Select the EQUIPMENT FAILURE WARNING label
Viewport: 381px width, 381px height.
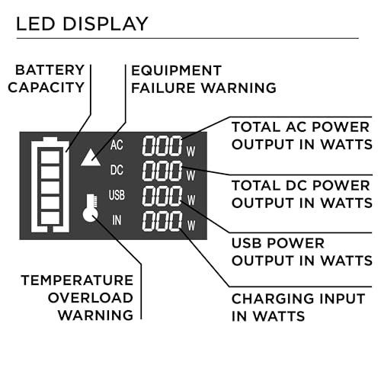[x=203, y=78]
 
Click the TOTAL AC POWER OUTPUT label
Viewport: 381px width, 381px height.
[x=300, y=135]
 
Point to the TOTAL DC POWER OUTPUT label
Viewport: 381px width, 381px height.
[x=300, y=194]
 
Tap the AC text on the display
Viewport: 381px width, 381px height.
[x=117, y=145]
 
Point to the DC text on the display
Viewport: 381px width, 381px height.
[x=117, y=170]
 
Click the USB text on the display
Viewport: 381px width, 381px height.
[x=117, y=196]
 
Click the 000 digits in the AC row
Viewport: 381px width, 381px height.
[x=162, y=146]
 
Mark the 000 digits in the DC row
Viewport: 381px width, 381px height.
[x=162, y=171]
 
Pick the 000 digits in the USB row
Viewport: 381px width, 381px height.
[x=162, y=197]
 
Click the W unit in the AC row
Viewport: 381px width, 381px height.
[x=190, y=150]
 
